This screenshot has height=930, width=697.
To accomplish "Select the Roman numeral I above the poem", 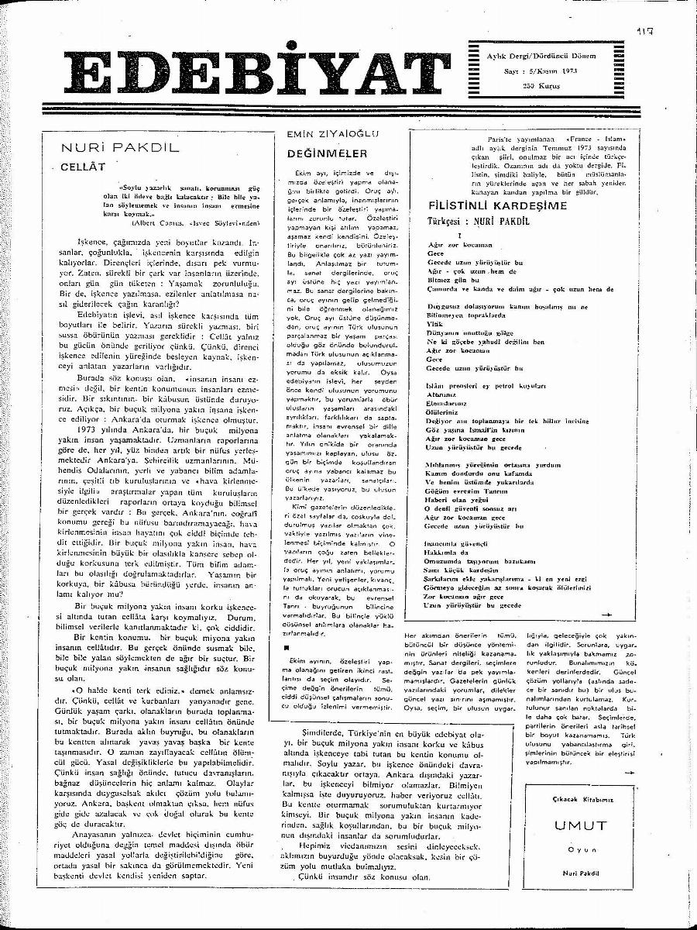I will (460, 234).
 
